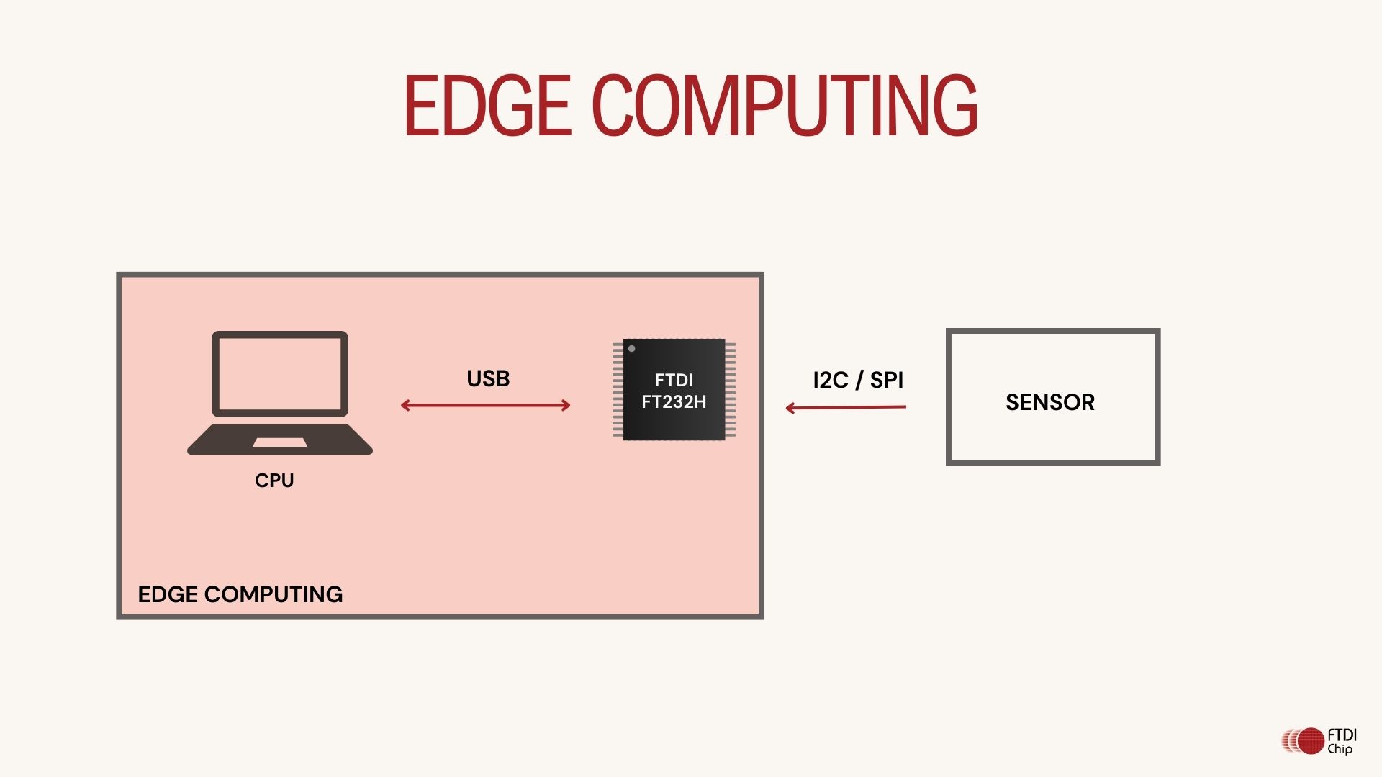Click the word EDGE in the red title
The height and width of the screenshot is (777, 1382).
pyautogui.click(x=487, y=106)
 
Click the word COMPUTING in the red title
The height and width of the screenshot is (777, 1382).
pyautogui.click(x=785, y=106)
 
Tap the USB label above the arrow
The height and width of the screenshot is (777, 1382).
pyautogui.click(x=488, y=378)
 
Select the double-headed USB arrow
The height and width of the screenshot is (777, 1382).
pyautogui.click(x=486, y=406)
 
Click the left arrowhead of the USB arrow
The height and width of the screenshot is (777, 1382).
pyautogui.click(x=405, y=406)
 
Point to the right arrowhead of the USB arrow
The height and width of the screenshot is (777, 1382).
pyautogui.click(x=566, y=406)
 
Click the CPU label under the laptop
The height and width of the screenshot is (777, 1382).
pyautogui.click(x=274, y=481)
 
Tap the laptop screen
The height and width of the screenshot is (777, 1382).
pyautogui.click(x=280, y=373)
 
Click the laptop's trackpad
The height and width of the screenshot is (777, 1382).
pyautogui.click(x=280, y=442)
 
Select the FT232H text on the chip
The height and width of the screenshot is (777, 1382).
pyautogui.click(x=674, y=402)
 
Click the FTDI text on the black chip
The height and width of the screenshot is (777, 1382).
pyautogui.click(x=674, y=380)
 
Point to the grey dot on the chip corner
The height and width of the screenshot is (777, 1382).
pyautogui.click(x=632, y=349)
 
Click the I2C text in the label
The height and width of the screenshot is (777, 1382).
pyautogui.click(x=831, y=380)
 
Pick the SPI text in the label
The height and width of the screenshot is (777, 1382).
pyautogui.click(x=886, y=380)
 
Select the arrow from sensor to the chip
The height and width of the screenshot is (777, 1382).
pyautogui.click(x=846, y=407)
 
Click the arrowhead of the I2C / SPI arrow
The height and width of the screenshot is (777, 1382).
pyautogui.click(x=790, y=408)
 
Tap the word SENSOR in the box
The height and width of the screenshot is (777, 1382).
pyautogui.click(x=1050, y=402)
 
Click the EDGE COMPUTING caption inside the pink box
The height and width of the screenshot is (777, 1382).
pyautogui.click(x=240, y=594)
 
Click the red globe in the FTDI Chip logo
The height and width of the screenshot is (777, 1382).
pyautogui.click(x=1310, y=741)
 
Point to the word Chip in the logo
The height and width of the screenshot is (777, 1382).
pyautogui.click(x=1340, y=749)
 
